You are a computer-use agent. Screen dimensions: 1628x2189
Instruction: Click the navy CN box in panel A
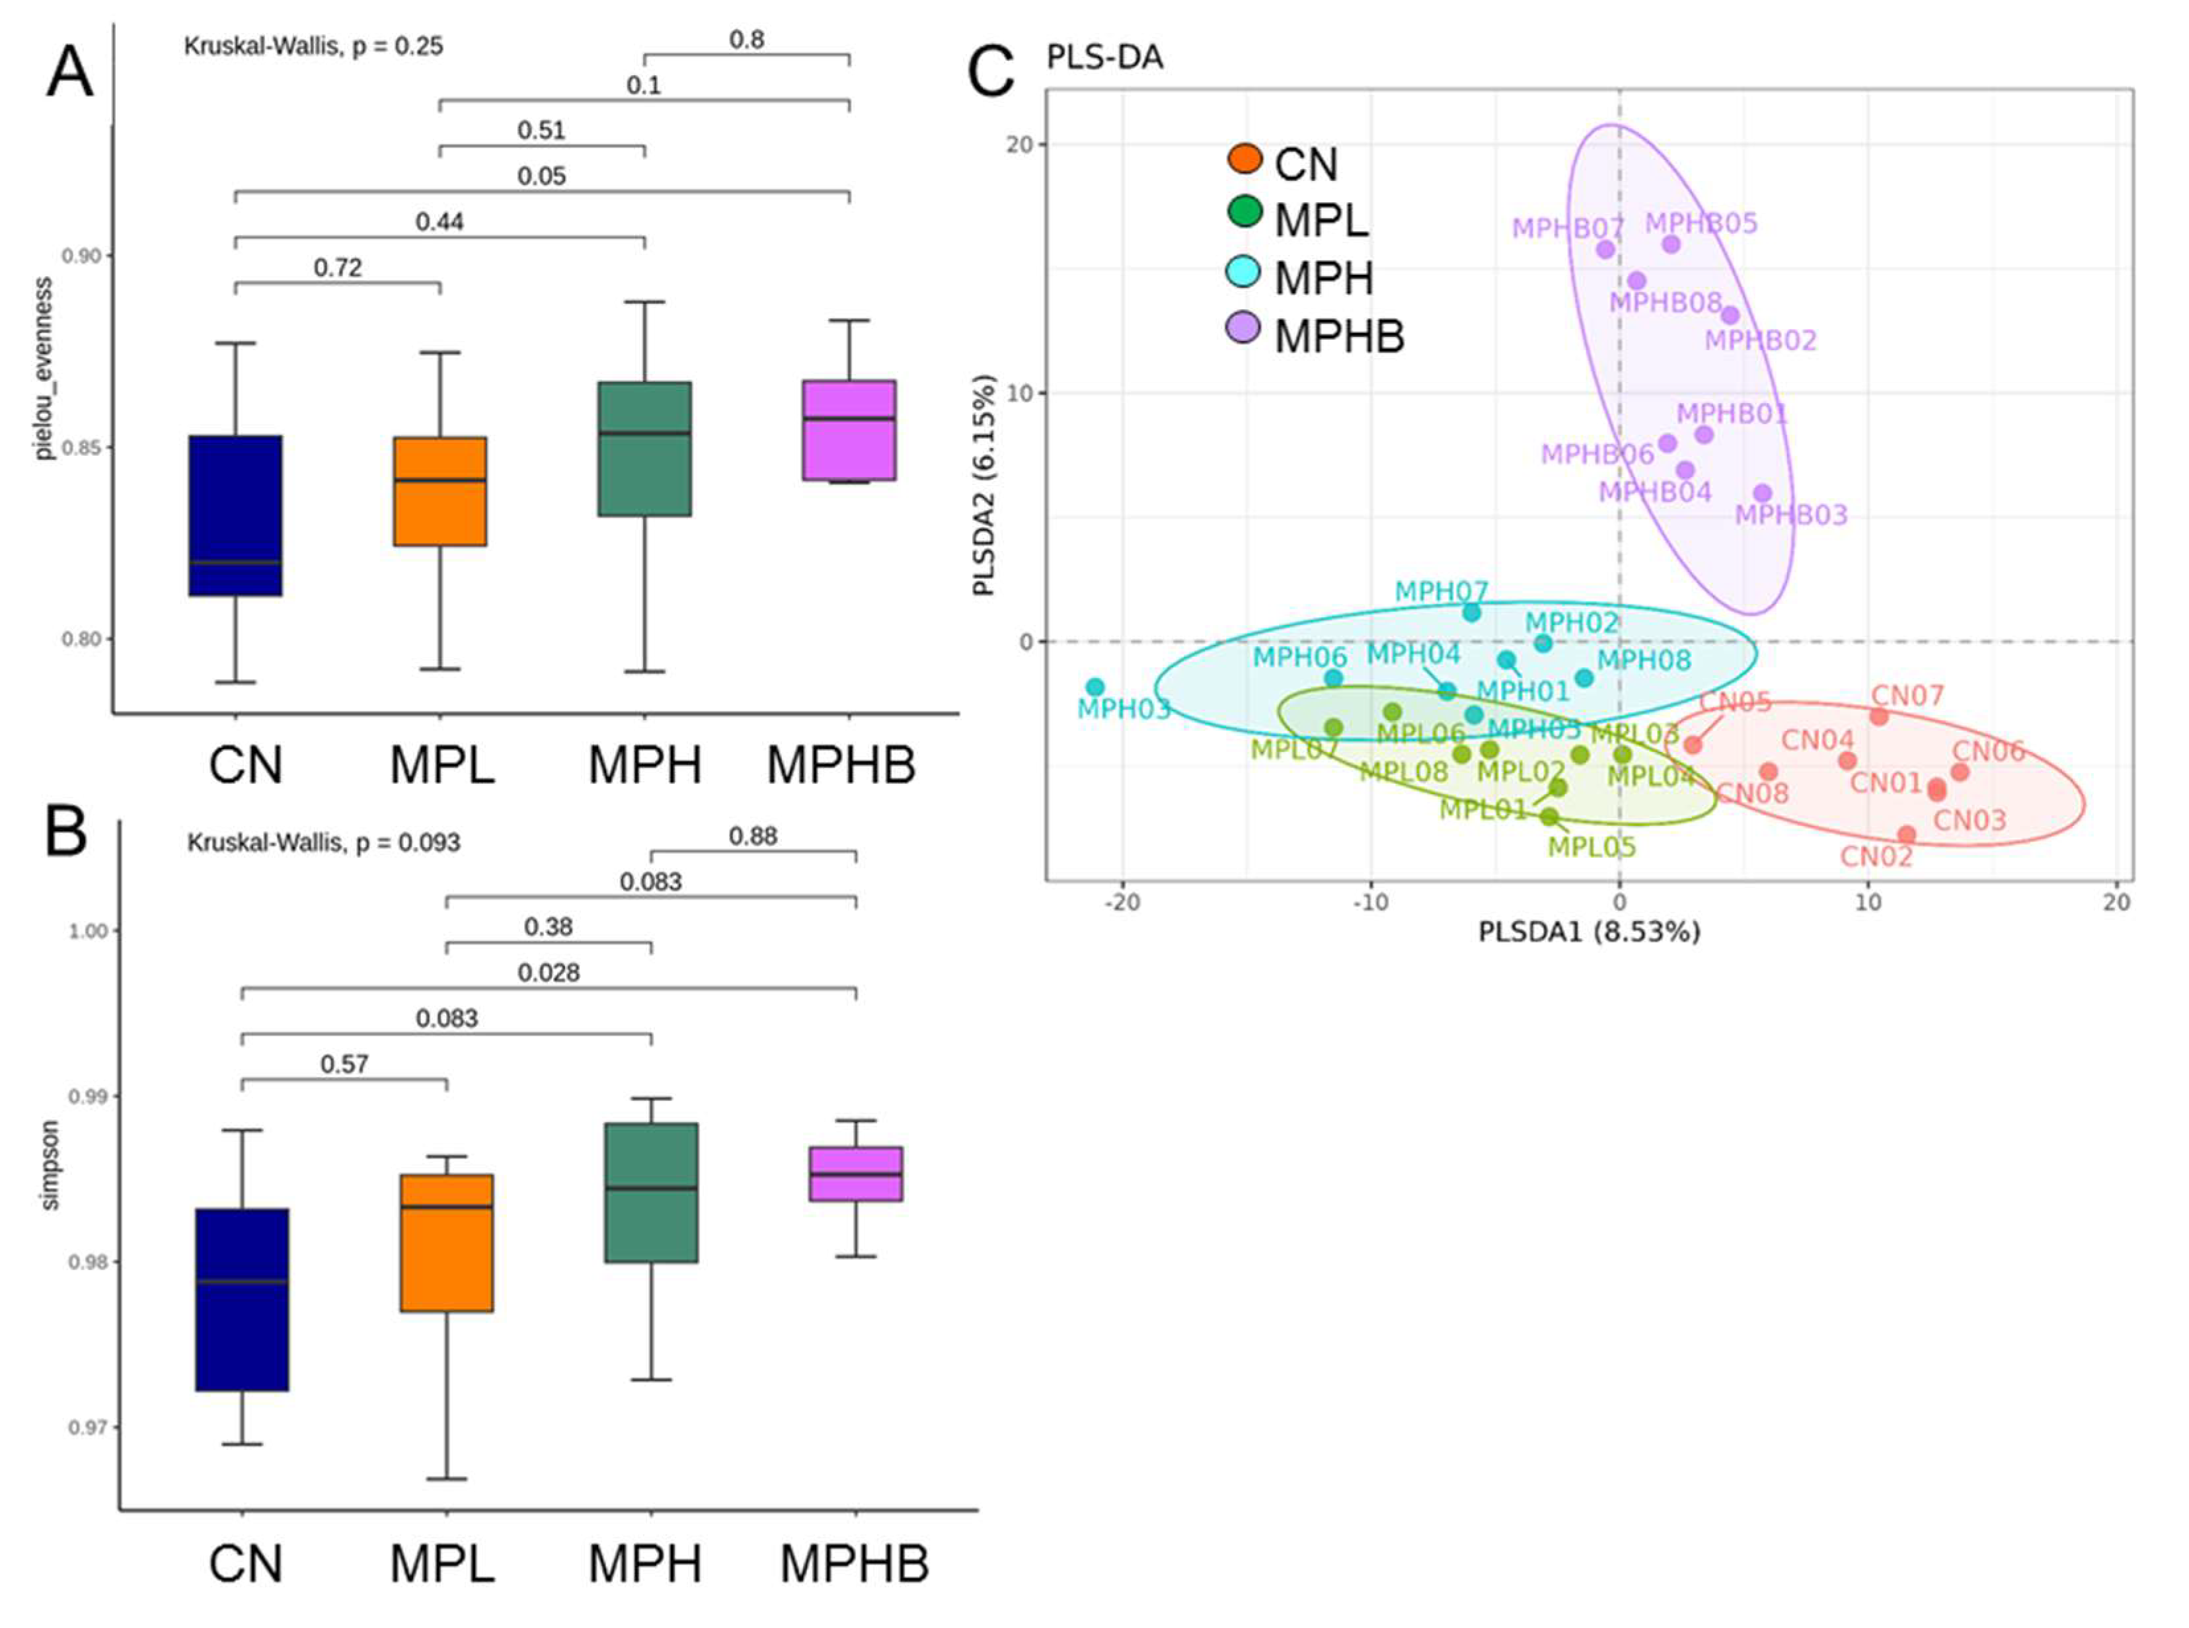tap(235, 515)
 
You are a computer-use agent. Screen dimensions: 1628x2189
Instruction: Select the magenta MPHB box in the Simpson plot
tap(855, 1173)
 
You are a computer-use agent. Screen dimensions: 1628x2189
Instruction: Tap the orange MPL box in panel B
tap(447, 1241)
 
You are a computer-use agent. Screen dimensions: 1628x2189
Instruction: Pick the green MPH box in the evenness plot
tap(644, 449)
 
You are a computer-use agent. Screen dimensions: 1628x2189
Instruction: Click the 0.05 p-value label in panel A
tap(542, 176)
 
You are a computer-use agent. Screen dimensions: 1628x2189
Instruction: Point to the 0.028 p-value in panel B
tap(549, 973)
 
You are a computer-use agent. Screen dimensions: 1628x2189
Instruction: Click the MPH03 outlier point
tap(1095, 687)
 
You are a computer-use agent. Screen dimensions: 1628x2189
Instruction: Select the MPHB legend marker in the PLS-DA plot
tap(1244, 327)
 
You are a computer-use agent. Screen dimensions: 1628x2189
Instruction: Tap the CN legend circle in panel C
tap(1245, 158)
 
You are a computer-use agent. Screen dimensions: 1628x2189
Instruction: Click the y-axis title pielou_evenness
tap(44, 367)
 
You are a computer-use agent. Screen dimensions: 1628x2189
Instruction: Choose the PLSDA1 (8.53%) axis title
tap(1589, 931)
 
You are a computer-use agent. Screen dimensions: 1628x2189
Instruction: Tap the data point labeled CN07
tap(1878, 716)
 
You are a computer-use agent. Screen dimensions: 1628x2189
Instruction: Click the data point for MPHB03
tap(1762, 493)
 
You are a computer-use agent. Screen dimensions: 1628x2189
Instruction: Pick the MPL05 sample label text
tap(1591, 846)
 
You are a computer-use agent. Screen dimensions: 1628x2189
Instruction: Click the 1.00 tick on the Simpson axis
tap(87, 931)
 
